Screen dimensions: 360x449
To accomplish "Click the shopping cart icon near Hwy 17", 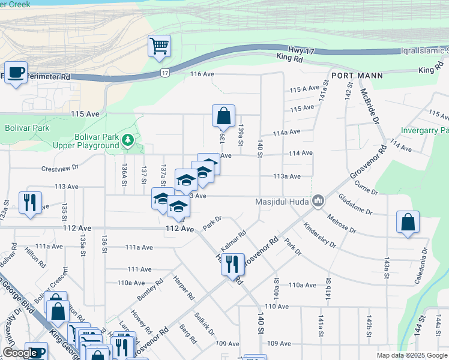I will pyautogui.click(x=159, y=46).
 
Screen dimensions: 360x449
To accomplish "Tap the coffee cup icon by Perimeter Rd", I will pyautogui.click(x=16, y=73).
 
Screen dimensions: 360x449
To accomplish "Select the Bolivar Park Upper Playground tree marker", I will pyautogui.click(x=127, y=140).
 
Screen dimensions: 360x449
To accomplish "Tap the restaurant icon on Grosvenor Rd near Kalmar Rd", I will pyautogui.click(x=232, y=263).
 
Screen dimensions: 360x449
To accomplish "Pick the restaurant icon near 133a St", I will pyautogui.click(x=29, y=202).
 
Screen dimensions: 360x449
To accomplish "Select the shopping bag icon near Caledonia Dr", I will pyautogui.click(x=408, y=222).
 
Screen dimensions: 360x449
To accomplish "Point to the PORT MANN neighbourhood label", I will pyautogui.click(x=354, y=77).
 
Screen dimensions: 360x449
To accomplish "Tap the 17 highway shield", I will pyautogui.click(x=164, y=73).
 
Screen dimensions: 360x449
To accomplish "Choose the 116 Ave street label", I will pyautogui.click(x=202, y=74).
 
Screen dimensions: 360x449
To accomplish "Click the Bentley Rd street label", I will pyautogui.click(x=149, y=290).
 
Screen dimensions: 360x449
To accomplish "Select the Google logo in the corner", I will pyautogui.click(x=20, y=353).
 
